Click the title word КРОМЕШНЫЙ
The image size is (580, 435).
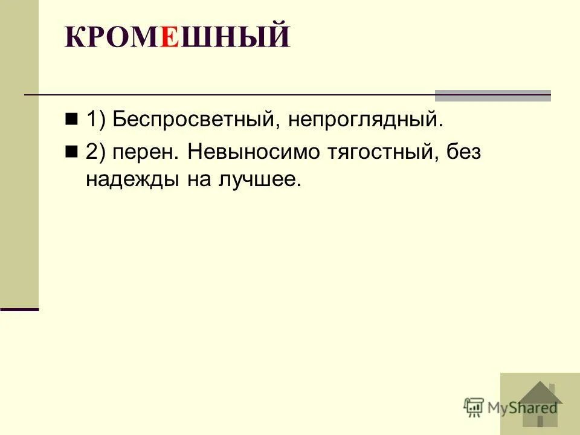[177, 37]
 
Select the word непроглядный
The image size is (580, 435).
[365, 120]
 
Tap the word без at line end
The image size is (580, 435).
[463, 152]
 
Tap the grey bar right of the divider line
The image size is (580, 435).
[493, 95]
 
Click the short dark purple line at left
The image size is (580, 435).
[19, 309]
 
